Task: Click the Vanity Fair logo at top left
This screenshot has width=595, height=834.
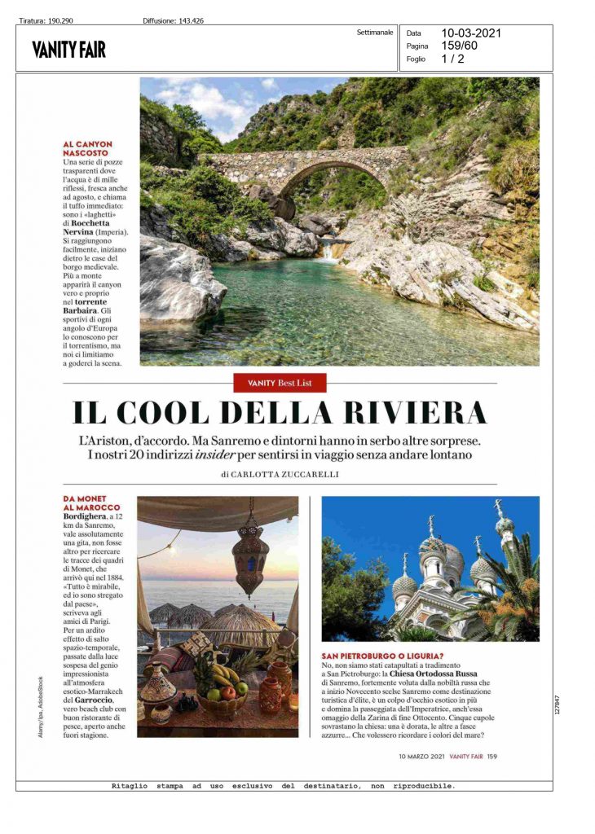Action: [x=69, y=50]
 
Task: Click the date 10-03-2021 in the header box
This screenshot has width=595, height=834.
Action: [x=471, y=33]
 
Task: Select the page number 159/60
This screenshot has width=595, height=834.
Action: [x=460, y=46]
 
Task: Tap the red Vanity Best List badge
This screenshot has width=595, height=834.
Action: [x=280, y=382]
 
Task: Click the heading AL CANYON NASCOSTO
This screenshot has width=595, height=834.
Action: [x=87, y=149]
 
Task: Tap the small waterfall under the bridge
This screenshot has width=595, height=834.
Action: [x=328, y=251]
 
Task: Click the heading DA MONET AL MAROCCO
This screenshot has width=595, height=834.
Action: [x=91, y=503]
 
